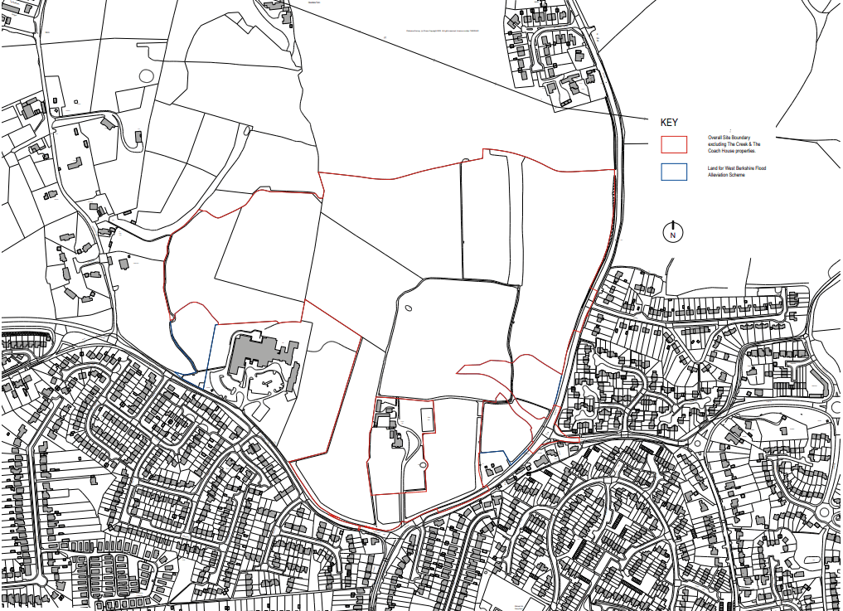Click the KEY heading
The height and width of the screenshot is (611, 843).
(669, 122)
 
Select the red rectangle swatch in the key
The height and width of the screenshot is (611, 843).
(673, 143)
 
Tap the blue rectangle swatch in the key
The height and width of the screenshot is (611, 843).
(673, 172)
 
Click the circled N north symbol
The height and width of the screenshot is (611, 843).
(673, 234)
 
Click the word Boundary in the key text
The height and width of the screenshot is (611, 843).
(744, 137)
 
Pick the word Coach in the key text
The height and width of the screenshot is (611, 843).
(714, 150)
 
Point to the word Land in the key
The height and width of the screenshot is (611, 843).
(712, 168)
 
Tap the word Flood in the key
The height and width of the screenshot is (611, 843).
(761, 168)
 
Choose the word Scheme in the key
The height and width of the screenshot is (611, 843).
(739, 175)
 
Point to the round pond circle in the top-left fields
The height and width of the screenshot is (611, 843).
(147, 76)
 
